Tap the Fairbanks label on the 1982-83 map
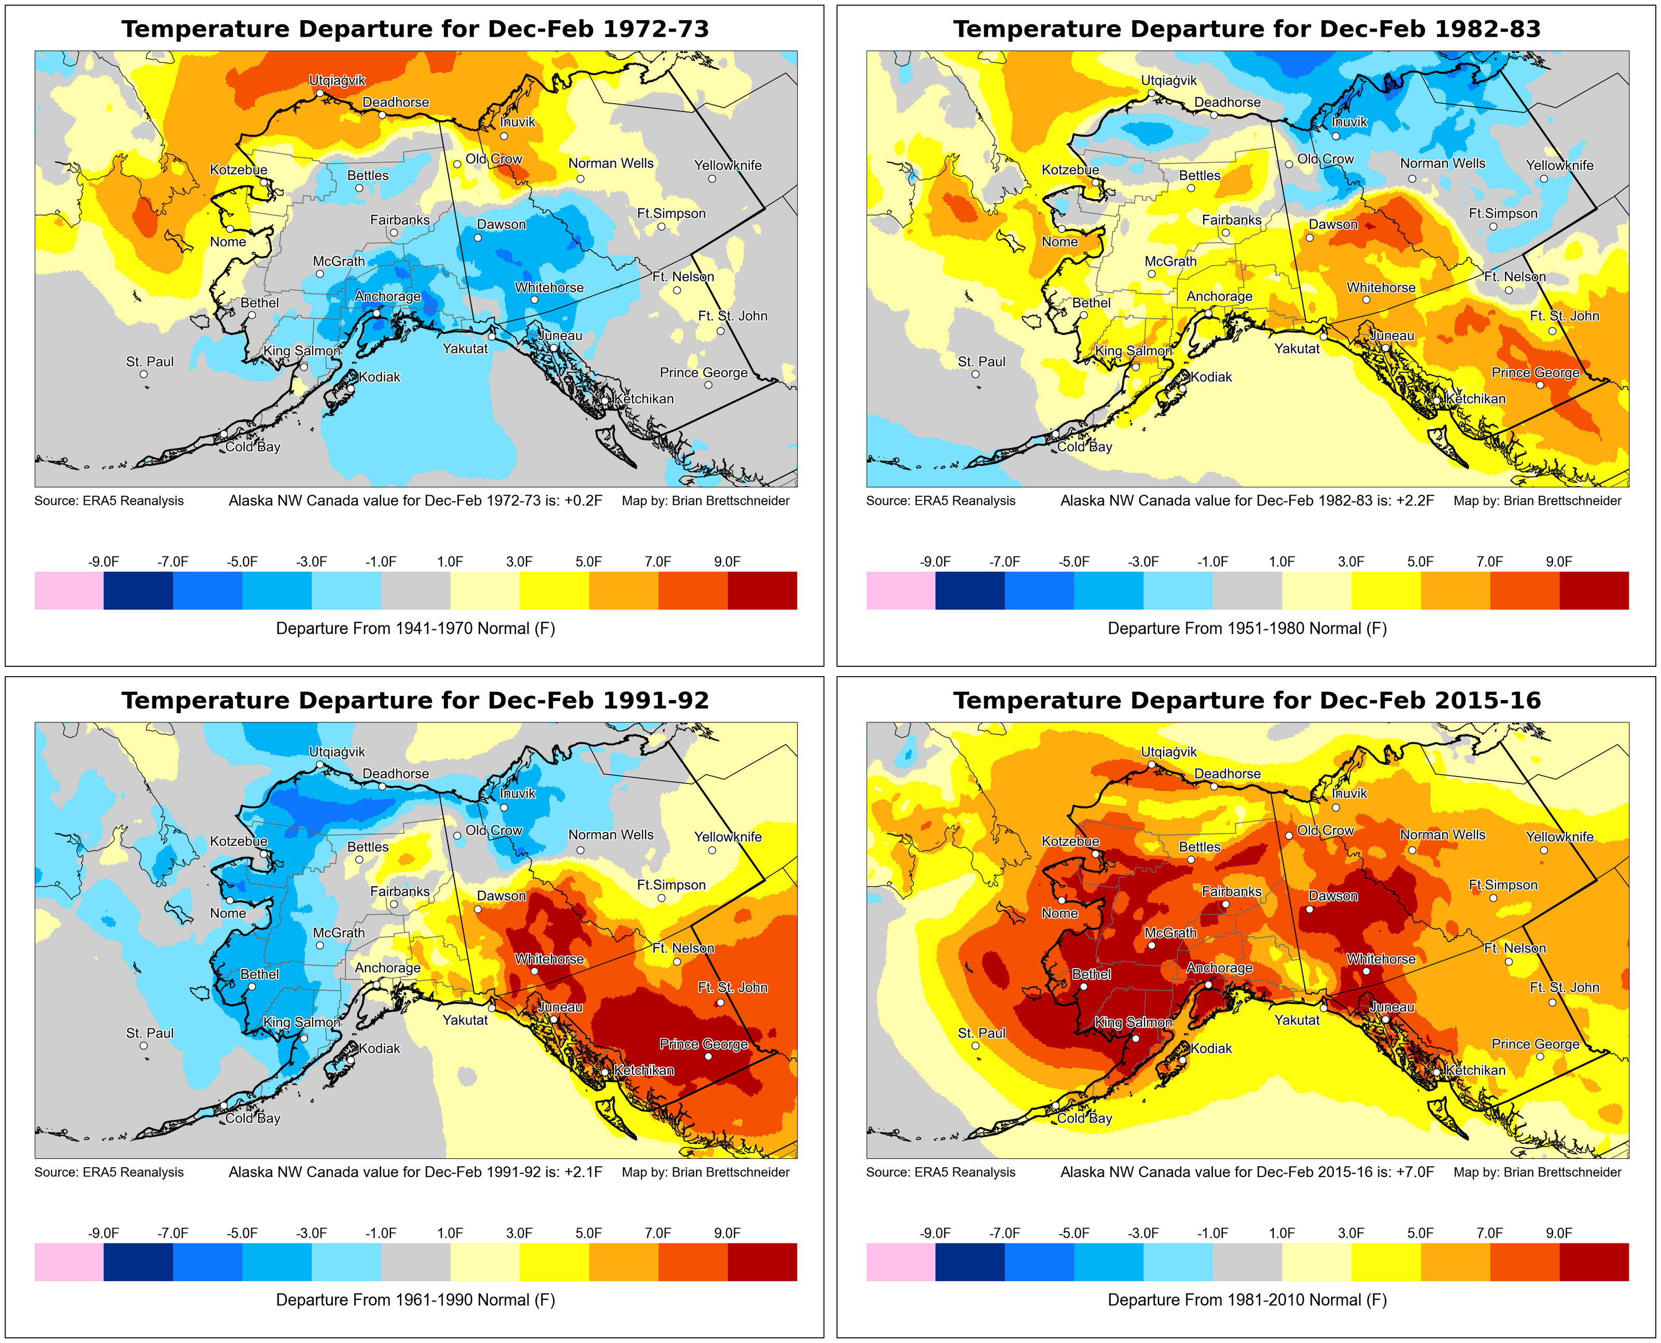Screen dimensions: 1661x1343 point(1232,220)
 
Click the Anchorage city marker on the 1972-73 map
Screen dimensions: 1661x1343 point(377,313)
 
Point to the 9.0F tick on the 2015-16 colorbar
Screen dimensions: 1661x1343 point(1559,1233)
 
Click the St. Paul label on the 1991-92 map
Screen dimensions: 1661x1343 point(150,1033)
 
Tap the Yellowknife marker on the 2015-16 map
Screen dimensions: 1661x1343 point(1543,850)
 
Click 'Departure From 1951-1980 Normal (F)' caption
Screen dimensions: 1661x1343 point(1247,628)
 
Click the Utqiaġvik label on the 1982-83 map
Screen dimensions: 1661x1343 point(1169,80)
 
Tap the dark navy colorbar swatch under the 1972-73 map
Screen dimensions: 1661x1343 point(138,590)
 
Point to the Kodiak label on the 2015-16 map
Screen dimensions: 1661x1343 point(1211,1048)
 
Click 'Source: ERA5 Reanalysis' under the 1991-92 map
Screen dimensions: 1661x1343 point(109,1172)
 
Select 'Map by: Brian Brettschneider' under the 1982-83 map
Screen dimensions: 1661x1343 point(1537,500)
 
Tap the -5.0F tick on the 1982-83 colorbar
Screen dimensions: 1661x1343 point(1074,561)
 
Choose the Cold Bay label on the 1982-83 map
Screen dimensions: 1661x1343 point(1085,446)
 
